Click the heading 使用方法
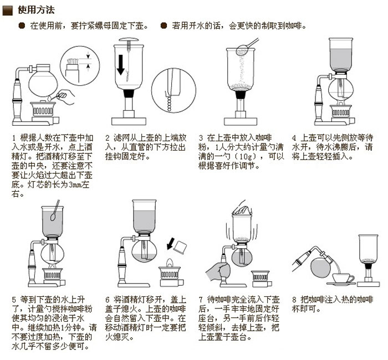coord(36,9)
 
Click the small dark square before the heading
coord(7,9)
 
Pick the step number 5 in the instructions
coord(14,301)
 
